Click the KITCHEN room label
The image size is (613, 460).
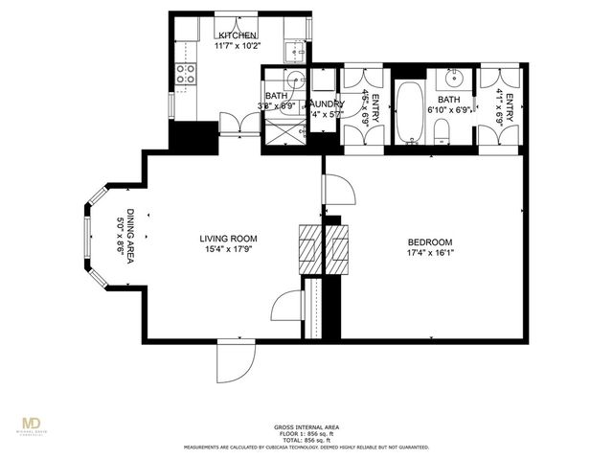pyautogui.click(x=235, y=34)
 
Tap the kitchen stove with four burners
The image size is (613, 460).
pyautogui.click(x=186, y=74)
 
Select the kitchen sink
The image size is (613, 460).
pyautogui.click(x=296, y=51)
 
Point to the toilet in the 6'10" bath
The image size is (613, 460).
pyautogui.click(x=442, y=142)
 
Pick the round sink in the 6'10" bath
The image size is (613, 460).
pyautogui.click(x=451, y=79)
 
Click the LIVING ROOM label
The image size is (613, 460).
pyautogui.click(x=228, y=239)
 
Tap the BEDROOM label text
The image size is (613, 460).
pyautogui.click(x=430, y=242)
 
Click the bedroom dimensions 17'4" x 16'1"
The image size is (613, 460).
pyautogui.click(x=430, y=254)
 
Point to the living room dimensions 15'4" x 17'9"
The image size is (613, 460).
pyautogui.click(x=228, y=250)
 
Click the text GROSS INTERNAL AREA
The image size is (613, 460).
pyautogui.click(x=306, y=426)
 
